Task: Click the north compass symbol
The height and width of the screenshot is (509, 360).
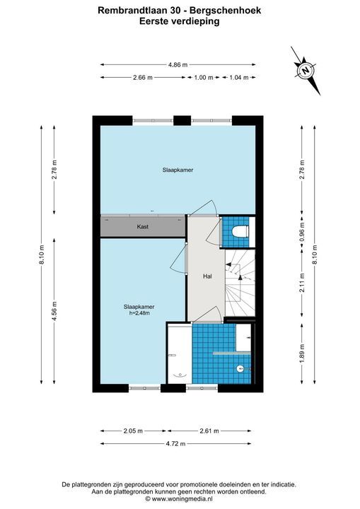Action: click(305, 71)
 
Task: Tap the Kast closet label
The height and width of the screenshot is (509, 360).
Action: click(143, 227)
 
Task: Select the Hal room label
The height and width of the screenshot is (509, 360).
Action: click(207, 276)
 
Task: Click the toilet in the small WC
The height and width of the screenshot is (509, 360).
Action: click(240, 231)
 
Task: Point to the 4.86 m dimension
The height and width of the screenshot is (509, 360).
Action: click(178, 64)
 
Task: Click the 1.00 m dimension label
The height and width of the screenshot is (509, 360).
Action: click(204, 77)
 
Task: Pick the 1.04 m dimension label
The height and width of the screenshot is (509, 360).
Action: click(239, 77)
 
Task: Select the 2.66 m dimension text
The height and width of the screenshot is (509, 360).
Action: click(143, 77)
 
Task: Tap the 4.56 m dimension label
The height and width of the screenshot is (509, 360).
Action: click(54, 311)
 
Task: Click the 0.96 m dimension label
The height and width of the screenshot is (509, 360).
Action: click(302, 231)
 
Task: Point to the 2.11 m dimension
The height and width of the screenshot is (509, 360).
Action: click(302, 282)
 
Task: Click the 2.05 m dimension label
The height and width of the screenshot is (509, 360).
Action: click(133, 431)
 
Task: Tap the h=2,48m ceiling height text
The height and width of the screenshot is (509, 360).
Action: click(139, 313)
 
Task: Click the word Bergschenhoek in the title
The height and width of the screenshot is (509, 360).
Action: click(225, 11)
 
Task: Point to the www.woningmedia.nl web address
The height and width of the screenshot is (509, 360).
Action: click(182, 498)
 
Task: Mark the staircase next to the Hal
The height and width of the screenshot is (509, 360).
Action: click(240, 282)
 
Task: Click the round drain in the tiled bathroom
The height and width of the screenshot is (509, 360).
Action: click(240, 368)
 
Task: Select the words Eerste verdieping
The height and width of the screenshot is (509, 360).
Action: click(180, 21)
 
